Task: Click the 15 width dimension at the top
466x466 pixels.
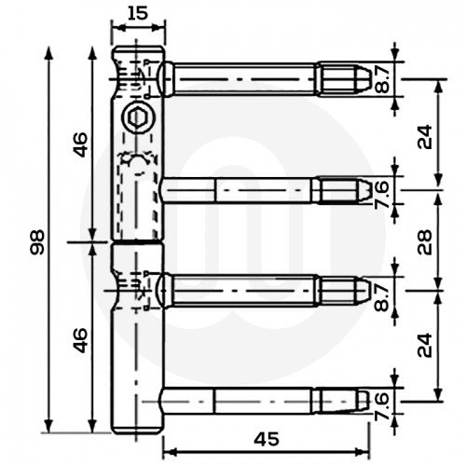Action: pos(138,13)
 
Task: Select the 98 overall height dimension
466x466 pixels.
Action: pos(36,242)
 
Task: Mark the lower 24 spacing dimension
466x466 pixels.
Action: pos(425,346)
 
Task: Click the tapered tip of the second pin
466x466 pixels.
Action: pos(360,190)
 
